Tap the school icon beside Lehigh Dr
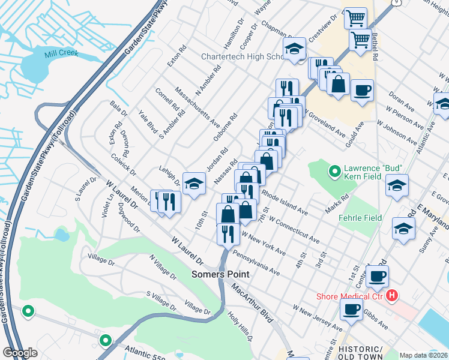pyautogui.click(x=194, y=185)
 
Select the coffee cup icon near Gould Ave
pyautogui.click(x=362, y=91)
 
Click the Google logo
pyautogui.click(x=20, y=352)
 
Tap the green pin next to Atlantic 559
pyautogui.click(x=106, y=340)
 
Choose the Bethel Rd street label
pyautogui.click(x=374, y=48)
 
